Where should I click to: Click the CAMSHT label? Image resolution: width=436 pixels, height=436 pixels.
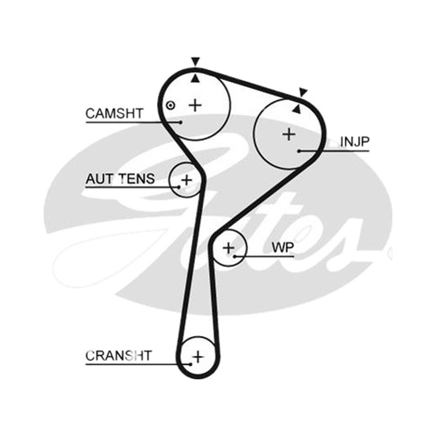[x=114, y=113]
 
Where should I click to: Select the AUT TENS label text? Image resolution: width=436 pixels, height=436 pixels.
[x=120, y=179]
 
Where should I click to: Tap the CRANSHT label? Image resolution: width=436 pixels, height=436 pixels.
[x=119, y=356]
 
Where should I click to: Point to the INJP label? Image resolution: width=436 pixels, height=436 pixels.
[x=355, y=142]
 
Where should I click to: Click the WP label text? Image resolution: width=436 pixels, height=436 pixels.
[x=282, y=247]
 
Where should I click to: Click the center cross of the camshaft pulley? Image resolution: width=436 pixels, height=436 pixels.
[x=195, y=105]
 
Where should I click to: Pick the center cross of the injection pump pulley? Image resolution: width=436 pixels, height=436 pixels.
[x=289, y=135]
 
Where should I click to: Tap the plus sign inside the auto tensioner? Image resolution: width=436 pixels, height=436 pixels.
[x=186, y=180]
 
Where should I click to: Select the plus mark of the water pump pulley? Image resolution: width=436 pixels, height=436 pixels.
[x=229, y=248]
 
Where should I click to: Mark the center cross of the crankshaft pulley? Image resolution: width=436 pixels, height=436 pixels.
[x=198, y=357]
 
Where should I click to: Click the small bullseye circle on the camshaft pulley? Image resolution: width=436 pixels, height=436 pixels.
[x=171, y=105]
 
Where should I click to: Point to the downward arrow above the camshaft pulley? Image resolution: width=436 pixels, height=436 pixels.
[x=196, y=62]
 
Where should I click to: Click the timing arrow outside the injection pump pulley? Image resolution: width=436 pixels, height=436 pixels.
[x=303, y=92]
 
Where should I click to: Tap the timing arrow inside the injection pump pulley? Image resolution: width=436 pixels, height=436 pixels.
[x=296, y=108]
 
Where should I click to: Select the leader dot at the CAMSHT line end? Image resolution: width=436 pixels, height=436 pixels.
[x=181, y=122]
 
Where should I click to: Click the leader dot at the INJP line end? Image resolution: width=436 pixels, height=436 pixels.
[x=299, y=151]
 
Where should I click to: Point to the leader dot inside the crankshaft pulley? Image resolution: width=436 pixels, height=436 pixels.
[x=190, y=364]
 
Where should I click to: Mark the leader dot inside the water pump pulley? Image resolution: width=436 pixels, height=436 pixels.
[x=235, y=256]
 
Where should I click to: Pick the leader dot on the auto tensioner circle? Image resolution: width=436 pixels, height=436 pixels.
[x=179, y=187]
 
